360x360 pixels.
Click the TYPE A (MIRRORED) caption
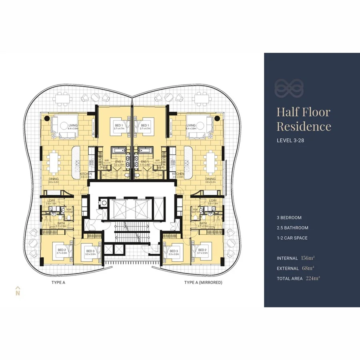coord(203,282)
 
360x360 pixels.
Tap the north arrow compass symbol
coord(18,291)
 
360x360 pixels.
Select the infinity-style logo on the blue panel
coord(289,88)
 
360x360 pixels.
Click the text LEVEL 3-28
coord(291,140)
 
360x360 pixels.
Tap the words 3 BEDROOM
coord(289,218)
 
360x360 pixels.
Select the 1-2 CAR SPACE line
coord(292,238)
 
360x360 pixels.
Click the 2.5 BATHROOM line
coord(292,228)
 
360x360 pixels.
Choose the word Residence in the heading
coord(304,126)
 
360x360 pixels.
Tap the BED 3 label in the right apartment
coord(173,251)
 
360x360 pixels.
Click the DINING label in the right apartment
coord(210,179)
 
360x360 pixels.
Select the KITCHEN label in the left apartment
coord(86,174)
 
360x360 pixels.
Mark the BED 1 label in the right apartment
coord(144,125)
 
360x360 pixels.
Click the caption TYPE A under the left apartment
coord(58,282)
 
